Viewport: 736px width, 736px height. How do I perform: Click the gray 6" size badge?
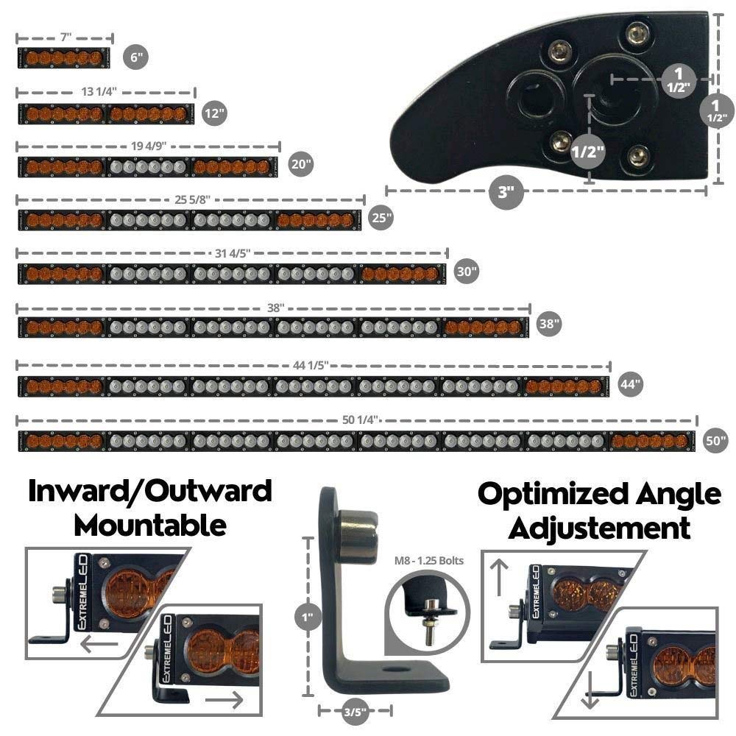pyautogui.click(x=135, y=57)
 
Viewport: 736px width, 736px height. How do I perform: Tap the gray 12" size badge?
pyautogui.click(x=214, y=113)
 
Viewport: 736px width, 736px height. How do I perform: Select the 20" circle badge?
pyautogui.click(x=301, y=164)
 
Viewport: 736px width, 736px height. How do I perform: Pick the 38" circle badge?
pyautogui.click(x=549, y=323)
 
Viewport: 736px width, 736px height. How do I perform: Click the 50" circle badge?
pyautogui.click(x=716, y=440)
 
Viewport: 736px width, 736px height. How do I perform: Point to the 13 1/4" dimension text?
pyautogui.click(x=99, y=91)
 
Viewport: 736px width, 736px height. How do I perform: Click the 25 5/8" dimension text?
pyautogui.click(x=192, y=199)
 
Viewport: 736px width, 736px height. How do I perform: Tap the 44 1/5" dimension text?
pyautogui.click(x=311, y=365)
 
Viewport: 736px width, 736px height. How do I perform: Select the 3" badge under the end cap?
pyautogui.click(x=506, y=191)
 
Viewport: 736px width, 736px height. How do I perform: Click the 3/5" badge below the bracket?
pyautogui.click(x=355, y=712)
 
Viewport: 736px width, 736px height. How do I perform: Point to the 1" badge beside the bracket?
pyautogui.click(x=308, y=616)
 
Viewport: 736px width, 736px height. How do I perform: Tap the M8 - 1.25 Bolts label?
pyautogui.click(x=428, y=560)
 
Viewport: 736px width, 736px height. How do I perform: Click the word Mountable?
pyautogui.click(x=150, y=526)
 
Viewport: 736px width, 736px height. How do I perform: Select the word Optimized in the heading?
pyautogui.click(x=553, y=495)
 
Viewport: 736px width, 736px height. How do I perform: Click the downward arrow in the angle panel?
pyautogui.click(x=590, y=690)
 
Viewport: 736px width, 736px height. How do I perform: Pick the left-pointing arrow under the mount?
pyautogui.click(x=99, y=644)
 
